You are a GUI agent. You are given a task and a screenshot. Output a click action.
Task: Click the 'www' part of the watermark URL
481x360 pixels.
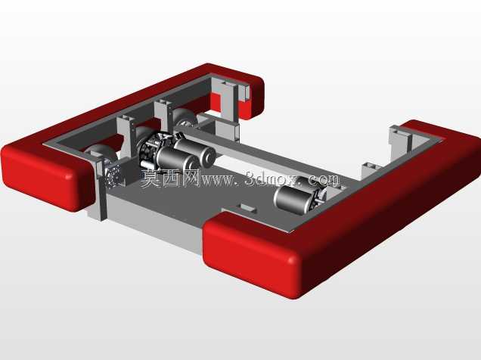tap(218, 181)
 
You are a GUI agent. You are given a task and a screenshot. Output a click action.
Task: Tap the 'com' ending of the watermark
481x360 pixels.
tap(324, 180)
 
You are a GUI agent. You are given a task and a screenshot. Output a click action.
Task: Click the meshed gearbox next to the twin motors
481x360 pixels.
tap(151, 150)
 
